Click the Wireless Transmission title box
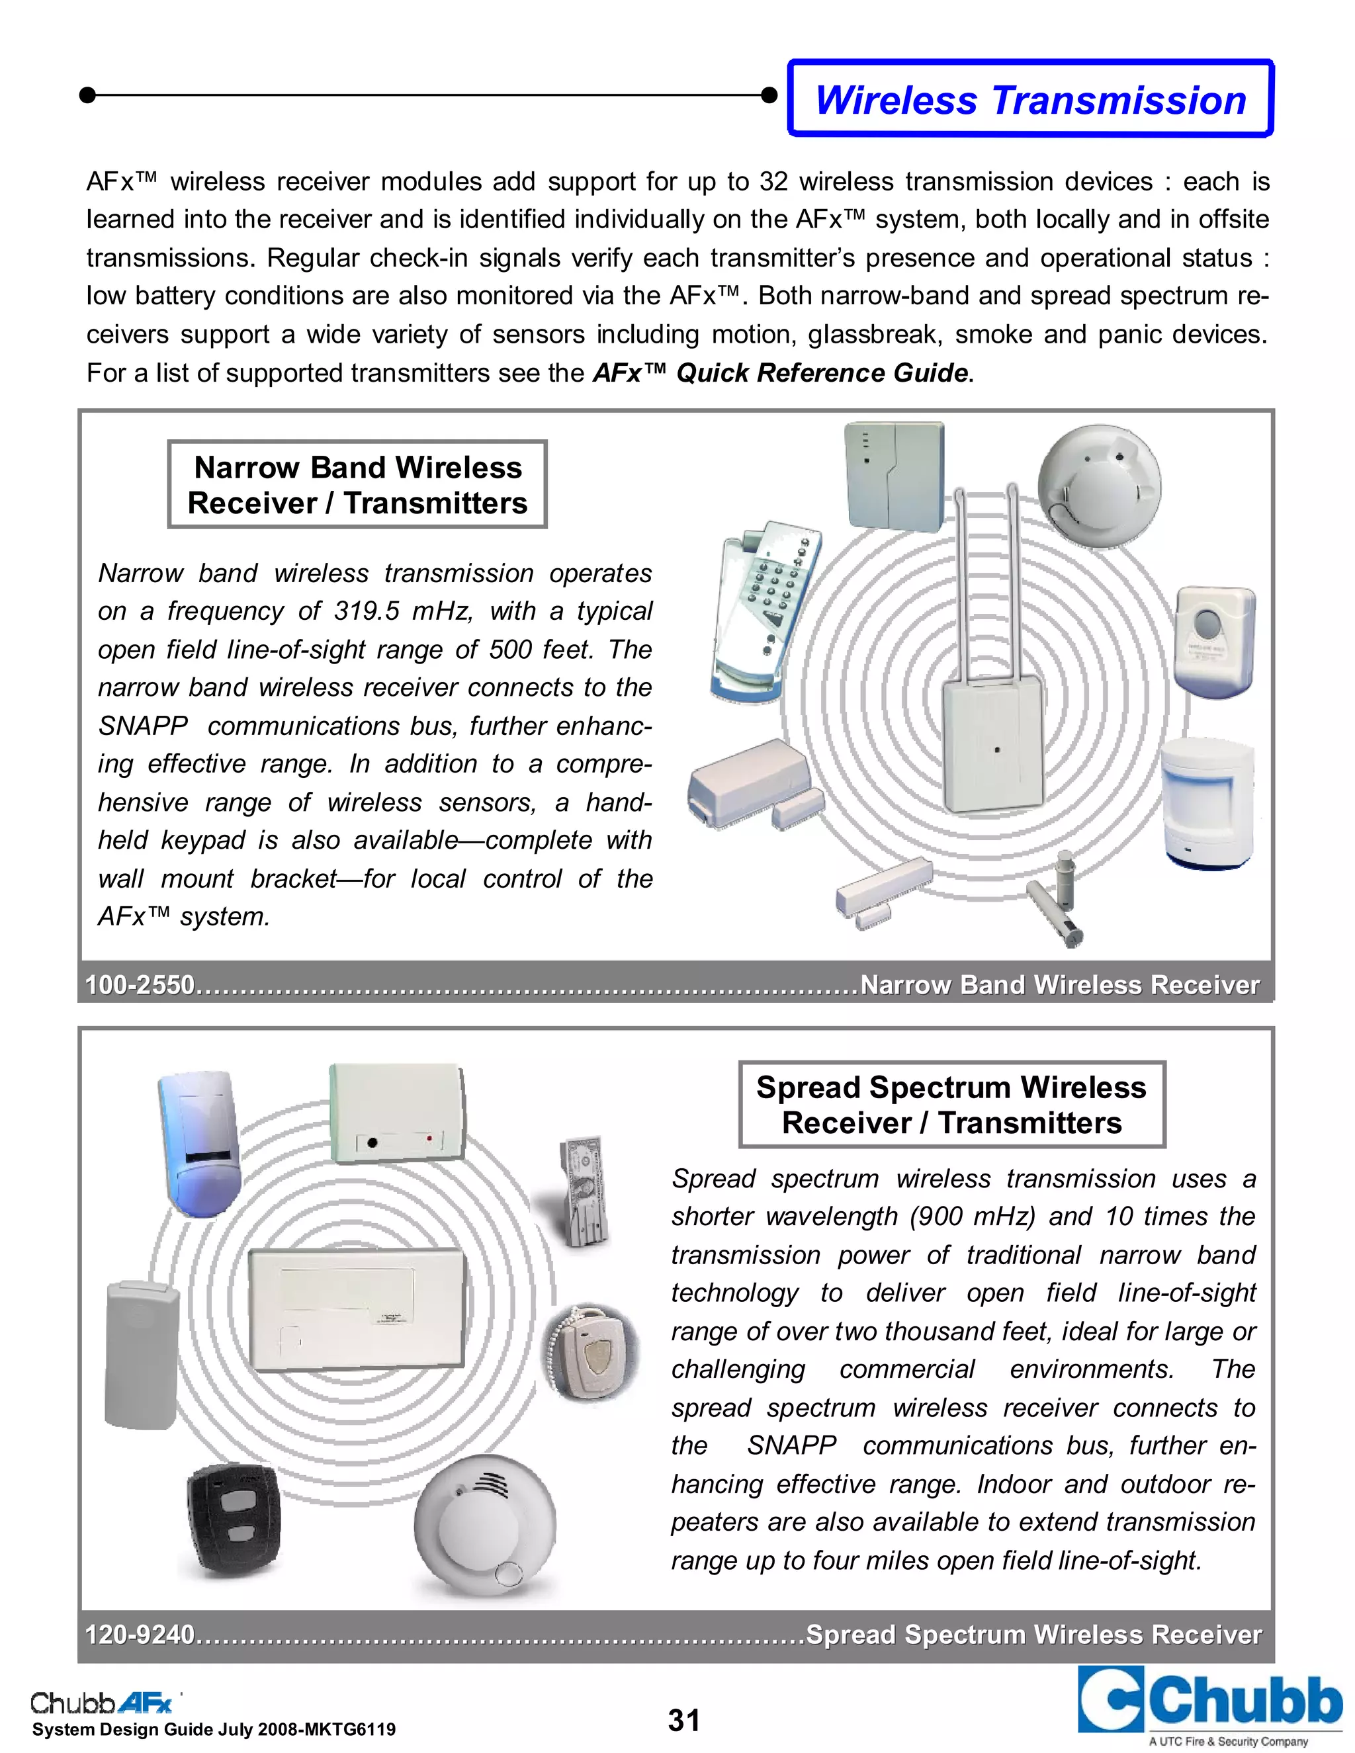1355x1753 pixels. coord(1030,99)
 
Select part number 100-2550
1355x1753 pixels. coord(140,985)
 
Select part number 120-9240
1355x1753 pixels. coord(140,1634)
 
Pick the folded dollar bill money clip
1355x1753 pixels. coord(584,1191)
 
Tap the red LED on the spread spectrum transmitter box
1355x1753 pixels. coord(429,1138)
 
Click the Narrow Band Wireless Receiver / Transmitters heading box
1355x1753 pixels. coord(357,485)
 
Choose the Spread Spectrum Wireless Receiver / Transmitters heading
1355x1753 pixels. coord(951,1105)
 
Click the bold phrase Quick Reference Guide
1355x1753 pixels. coord(821,372)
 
